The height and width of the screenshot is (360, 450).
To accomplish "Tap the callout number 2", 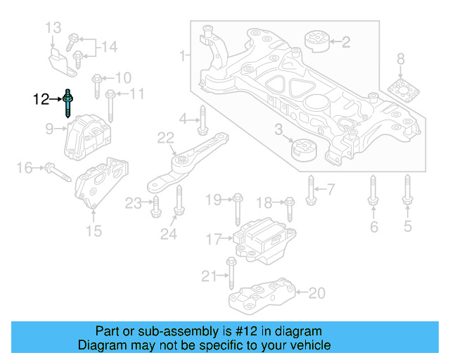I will point(345,42).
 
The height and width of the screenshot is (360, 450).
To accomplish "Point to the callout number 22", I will point(165,137).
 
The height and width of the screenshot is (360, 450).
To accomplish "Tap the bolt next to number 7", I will point(311,189).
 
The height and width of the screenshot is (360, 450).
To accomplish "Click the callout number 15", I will point(94,231).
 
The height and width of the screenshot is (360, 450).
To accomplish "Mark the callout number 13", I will point(53,28).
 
